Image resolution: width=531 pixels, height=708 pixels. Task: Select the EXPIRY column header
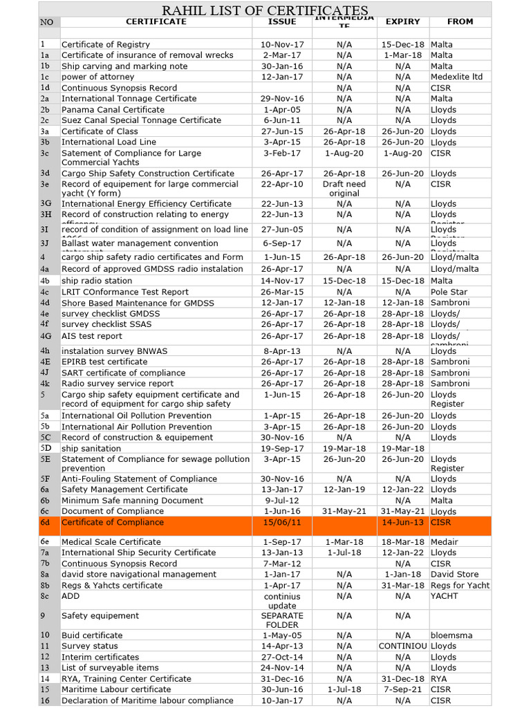pyautogui.click(x=402, y=21)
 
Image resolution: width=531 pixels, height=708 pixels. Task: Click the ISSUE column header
pyautogui.click(x=281, y=21)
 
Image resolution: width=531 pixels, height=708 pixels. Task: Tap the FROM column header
pyautogui.click(x=460, y=21)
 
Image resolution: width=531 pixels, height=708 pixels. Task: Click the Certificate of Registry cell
pyautogui.click(x=105, y=44)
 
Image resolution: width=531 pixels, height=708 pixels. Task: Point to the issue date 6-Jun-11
pyautogui.click(x=282, y=120)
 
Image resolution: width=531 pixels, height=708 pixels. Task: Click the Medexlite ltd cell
pyautogui.click(x=456, y=77)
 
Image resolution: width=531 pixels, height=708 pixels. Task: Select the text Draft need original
pyautogui.click(x=344, y=189)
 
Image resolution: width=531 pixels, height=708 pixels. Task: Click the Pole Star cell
pyautogui.click(x=449, y=292)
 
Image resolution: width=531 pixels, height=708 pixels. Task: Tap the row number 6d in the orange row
pyautogui.click(x=46, y=523)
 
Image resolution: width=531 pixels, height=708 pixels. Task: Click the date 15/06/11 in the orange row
pyautogui.click(x=282, y=523)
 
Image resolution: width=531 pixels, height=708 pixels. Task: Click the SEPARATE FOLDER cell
pyautogui.click(x=282, y=620)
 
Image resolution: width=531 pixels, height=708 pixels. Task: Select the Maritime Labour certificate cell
pyautogui.click(x=116, y=689)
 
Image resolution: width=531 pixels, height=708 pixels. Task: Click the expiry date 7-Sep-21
pyautogui.click(x=402, y=689)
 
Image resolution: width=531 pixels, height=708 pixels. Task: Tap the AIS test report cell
pyautogui.click(x=91, y=336)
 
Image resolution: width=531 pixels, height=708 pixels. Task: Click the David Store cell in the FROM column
pyautogui.click(x=454, y=574)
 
